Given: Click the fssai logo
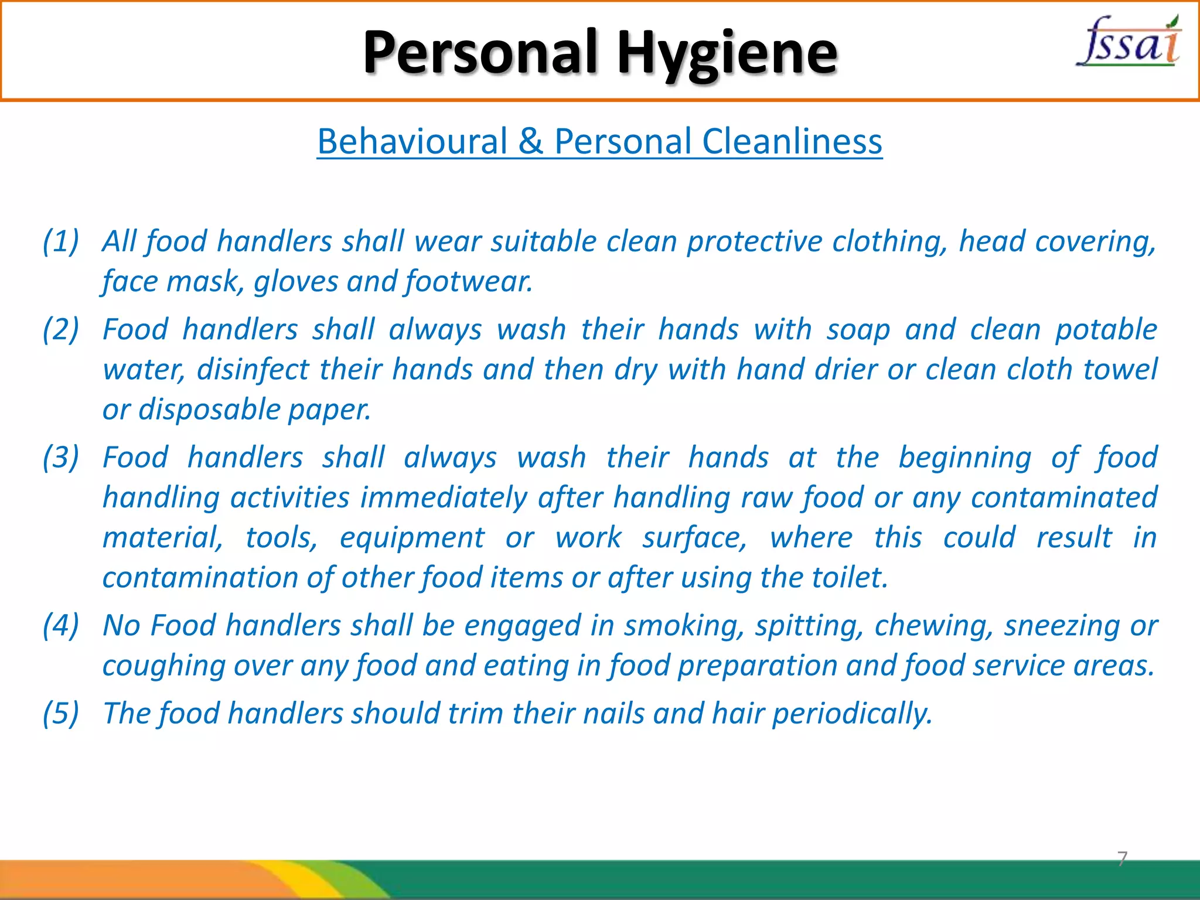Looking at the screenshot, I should (1129, 42).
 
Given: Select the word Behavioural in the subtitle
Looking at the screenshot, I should (412, 142).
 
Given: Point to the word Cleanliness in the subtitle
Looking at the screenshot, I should (792, 142).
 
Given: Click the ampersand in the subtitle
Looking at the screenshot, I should (530, 142).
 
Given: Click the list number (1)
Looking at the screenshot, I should (61, 241).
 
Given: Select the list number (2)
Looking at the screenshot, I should (61, 329).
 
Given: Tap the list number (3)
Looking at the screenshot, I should (61, 458).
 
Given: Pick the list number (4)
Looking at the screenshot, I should (61, 625).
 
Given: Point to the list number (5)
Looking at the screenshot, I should (61, 714).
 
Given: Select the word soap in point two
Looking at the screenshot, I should (858, 329).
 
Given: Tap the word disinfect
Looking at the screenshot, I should (253, 370).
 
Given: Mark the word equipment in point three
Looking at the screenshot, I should (412, 538).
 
